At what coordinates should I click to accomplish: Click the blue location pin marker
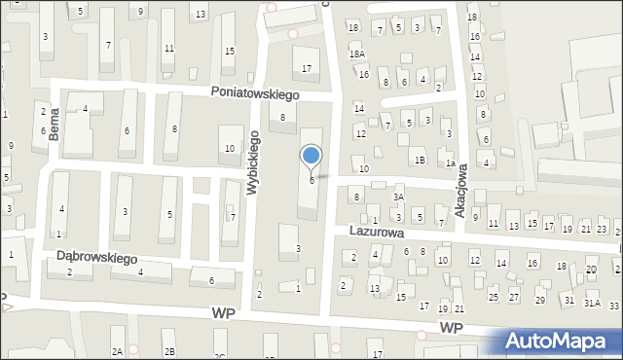coord(311,155)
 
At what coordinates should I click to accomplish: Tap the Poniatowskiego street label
coord(256,93)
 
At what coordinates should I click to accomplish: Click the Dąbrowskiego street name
coord(96,258)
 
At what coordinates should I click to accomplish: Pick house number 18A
coord(358,54)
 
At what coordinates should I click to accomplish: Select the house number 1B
coord(420,160)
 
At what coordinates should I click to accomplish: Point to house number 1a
coord(451,164)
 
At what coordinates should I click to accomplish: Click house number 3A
coord(398,198)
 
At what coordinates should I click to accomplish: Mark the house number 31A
coord(592,304)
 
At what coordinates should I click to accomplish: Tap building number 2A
coord(117,350)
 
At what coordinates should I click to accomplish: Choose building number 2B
coord(169,350)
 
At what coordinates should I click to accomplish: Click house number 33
coord(614,306)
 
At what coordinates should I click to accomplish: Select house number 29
coord(540,301)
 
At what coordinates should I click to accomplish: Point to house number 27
coord(514,297)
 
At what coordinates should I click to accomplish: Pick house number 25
coord(494,296)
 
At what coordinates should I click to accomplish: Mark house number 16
coord(363,74)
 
